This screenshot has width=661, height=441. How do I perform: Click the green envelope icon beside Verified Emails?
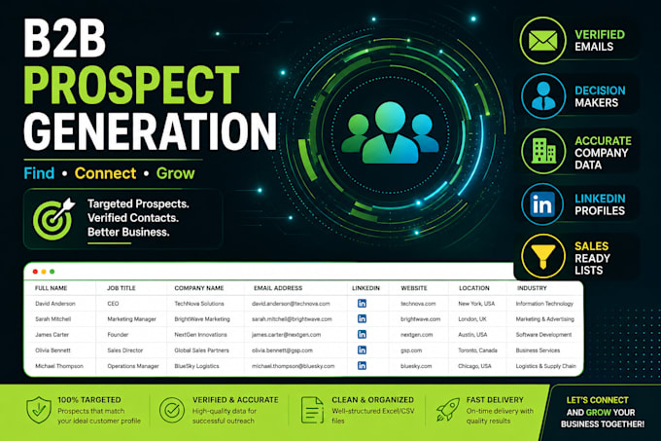pyautogui.click(x=543, y=41)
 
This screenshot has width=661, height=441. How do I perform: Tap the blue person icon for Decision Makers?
pyautogui.click(x=543, y=95)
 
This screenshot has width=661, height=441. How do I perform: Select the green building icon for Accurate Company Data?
pyautogui.click(x=543, y=151)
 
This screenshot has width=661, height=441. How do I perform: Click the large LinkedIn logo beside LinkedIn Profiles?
pyautogui.click(x=542, y=204)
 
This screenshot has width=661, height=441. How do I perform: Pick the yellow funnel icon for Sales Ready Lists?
pyautogui.click(x=543, y=256)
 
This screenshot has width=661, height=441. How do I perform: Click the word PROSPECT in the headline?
pyautogui.click(x=131, y=85)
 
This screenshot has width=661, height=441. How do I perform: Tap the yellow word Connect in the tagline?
pyautogui.click(x=105, y=173)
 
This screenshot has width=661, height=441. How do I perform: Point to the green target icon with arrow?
pyautogui.click(x=53, y=219)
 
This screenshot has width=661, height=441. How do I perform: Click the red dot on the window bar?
pyautogui.click(x=35, y=272)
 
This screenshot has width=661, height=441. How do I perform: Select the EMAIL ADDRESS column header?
pyautogui.click(x=278, y=288)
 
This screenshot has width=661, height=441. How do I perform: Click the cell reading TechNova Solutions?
pyautogui.click(x=199, y=304)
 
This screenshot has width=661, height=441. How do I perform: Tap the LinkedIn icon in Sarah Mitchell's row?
pyautogui.click(x=362, y=318)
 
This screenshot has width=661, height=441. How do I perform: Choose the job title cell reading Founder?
pyautogui.click(x=118, y=335)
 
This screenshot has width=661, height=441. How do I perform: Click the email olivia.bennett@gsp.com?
pyautogui.click(x=282, y=350)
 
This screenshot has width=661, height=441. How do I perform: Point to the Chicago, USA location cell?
pyautogui.click(x=474, y=366)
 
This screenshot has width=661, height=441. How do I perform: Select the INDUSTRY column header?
pyautogui.click(x=532, y=288)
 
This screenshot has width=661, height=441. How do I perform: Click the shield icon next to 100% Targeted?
pyautogui.click(x=38, y=410)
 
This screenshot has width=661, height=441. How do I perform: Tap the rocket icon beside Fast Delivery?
pyautogui.click(x=447, y=409)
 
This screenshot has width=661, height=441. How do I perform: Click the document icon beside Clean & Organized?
pyautogui.click(x=312, y=410)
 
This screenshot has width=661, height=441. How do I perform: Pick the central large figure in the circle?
pyautogui.click(x=390, y=132)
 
